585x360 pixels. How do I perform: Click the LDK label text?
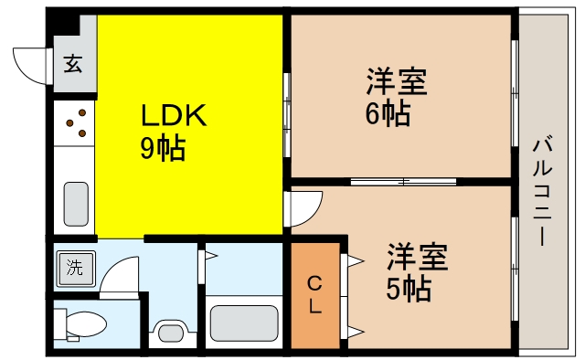coord(175,116)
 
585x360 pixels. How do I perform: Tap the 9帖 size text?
coord(163,148)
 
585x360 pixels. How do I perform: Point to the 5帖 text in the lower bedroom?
coord(408,289)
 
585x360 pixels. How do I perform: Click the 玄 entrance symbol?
coord(72,64)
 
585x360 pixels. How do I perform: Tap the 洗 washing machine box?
coord(72,268)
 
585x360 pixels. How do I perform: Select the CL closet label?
coord(314,294)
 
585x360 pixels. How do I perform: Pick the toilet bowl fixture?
coord(83,325)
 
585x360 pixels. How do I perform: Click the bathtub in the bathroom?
coord(243,323)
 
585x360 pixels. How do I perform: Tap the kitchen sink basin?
coord(76,198)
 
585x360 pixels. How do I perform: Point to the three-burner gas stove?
coord(76,123)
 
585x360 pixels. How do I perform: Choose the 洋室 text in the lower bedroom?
coord(416,257)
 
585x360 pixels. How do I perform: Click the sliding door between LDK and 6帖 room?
coord(287,114)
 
